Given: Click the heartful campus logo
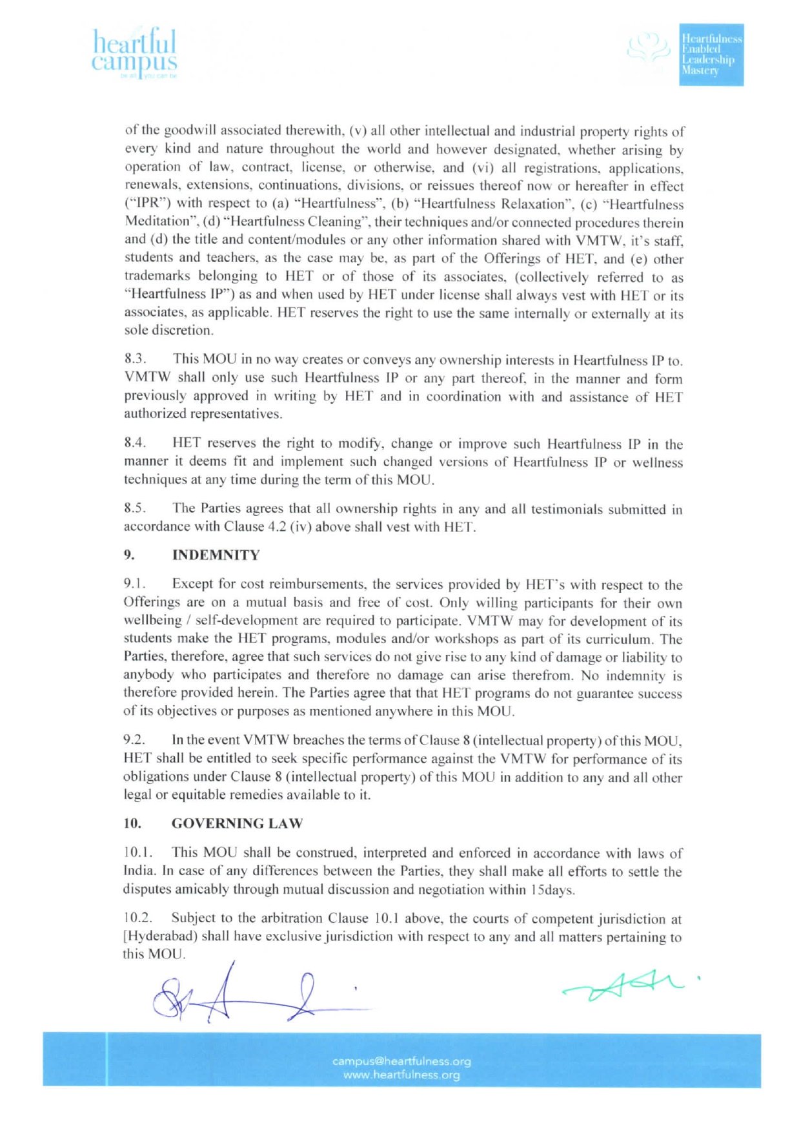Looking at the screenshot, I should pos(134,54).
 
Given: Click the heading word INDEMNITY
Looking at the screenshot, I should pos(216,555).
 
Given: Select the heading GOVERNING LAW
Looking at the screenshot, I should pos(237,823).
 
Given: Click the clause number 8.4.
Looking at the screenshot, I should pos(135,443).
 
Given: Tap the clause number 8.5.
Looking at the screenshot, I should pos(135,508).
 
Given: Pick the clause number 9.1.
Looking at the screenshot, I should pos(134,584).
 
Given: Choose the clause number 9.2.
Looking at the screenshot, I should pos(134,740).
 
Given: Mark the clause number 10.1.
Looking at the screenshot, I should pos(137,852).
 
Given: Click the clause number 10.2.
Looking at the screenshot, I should pos(137,918).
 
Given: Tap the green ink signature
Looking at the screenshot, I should pos(623,986).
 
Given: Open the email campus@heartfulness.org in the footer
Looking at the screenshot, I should pos(401,1061).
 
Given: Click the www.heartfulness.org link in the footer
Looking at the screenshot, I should pos(401,1075).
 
